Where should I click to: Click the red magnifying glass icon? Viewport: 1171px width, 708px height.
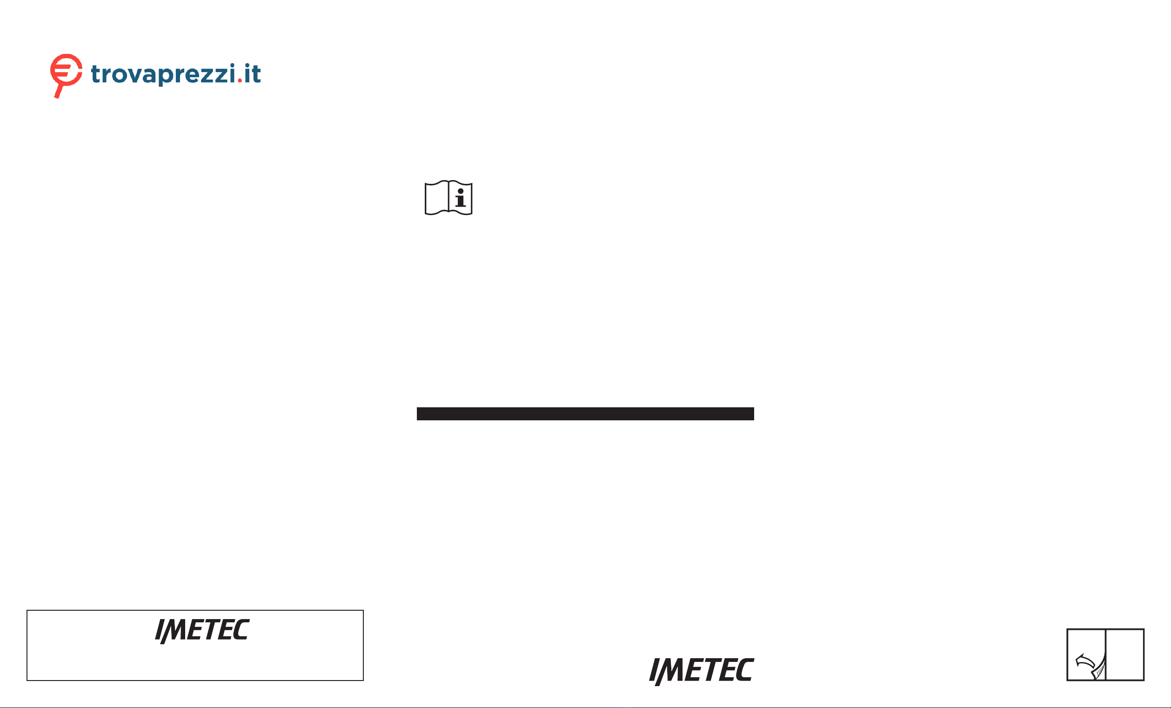click(x=66, y=75)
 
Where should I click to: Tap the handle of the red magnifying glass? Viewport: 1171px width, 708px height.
click(x=59, y=91)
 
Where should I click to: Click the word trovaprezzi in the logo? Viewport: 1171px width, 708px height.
click(x=163, y=74)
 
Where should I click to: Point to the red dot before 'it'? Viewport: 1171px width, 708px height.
click(x=240, y=81)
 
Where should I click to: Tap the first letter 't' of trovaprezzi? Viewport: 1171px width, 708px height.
click(x=96, y=74)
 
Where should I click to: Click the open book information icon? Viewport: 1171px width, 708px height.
click(x=448, y=198)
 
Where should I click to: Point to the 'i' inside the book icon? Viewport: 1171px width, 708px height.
click(x=460, y=198)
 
